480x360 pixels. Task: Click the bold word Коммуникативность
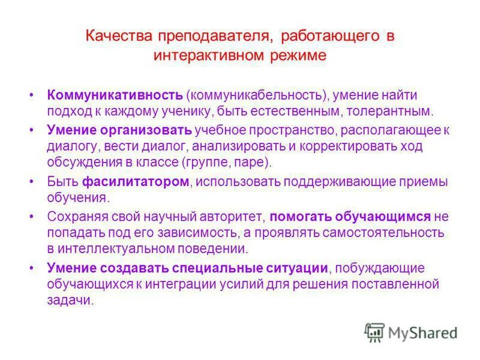click(115, 95)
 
